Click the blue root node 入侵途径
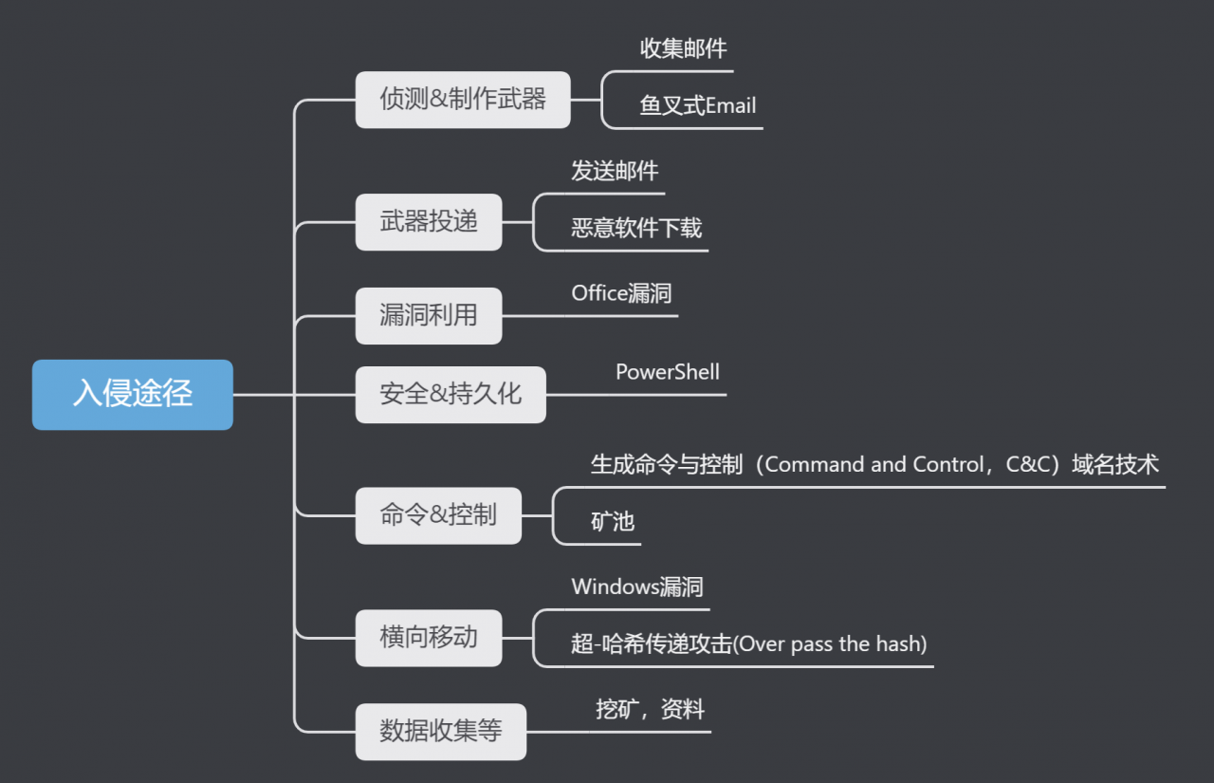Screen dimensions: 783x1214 point(133,394)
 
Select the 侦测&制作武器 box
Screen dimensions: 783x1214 point(463,100)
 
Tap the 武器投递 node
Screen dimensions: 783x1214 point(429,222)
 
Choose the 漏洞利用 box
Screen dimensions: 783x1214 point(429,315)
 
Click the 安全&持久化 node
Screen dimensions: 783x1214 point(451,394)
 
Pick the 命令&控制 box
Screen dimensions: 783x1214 point(438,515)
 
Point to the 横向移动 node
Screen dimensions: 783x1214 point(429,637)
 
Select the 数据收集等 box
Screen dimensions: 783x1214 point(441,731)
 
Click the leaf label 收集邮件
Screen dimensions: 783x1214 point(683,48)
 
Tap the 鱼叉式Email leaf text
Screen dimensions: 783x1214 point(698,105)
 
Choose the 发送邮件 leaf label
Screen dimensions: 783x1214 point(615,171)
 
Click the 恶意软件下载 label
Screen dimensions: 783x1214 point(636,228)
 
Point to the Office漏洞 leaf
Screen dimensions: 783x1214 point(621,293)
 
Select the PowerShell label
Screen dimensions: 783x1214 point(668,372)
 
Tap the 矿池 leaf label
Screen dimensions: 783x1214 point(613,521)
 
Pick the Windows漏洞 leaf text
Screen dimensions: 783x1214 point(637,587)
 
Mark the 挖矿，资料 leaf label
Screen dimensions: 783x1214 point(651,709)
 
